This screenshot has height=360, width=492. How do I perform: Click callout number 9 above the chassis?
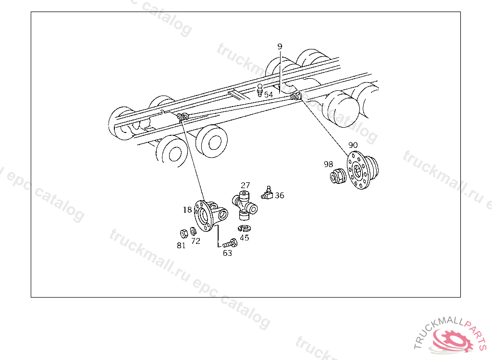[280, 47]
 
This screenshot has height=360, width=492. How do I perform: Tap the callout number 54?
[269, 95]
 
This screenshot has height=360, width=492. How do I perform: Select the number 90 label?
[353, 145]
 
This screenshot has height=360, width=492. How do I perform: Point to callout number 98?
[328, 164]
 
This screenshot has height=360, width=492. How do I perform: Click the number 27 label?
[246, 185]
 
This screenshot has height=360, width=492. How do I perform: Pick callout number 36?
[279, 195]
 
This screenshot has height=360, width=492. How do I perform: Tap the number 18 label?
[187, 209]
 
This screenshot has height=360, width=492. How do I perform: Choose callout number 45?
[245, 238]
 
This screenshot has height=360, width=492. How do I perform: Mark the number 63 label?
[227, 253]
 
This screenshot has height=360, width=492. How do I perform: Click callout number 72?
[196, 241]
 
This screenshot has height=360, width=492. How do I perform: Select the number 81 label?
[181, 245]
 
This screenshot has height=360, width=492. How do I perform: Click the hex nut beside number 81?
[184, 233]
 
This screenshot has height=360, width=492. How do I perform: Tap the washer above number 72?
[193, 231]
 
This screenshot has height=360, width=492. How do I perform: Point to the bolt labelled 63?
[230, 243]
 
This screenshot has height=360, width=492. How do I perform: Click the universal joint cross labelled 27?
[245, 205]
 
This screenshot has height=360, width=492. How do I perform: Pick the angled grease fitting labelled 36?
[267, 193]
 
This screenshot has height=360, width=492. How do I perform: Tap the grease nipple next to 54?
[260, 90]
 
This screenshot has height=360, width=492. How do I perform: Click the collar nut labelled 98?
[338, 176]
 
